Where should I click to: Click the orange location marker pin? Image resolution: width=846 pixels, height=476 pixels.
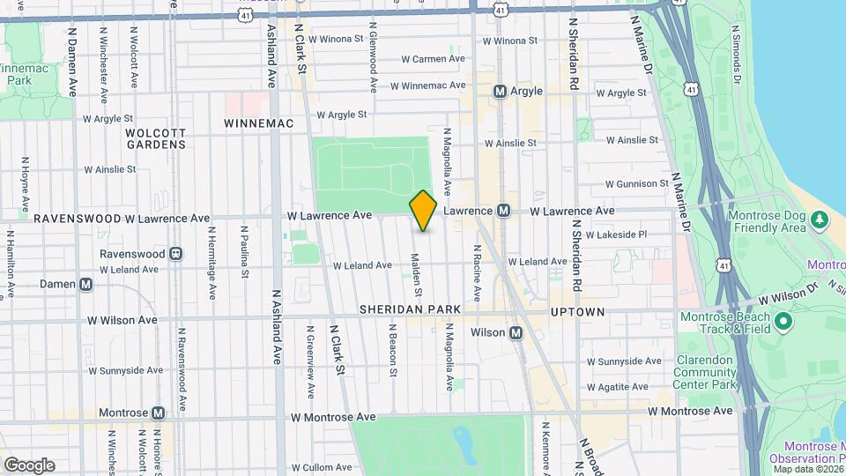(423, 212)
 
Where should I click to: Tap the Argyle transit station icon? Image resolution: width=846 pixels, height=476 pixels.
(500, 92)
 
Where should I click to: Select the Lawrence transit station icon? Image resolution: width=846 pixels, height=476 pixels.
(503, 211)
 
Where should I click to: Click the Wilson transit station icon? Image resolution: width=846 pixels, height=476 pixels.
(516, 332)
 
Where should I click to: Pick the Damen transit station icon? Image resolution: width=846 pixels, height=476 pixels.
(85, 284)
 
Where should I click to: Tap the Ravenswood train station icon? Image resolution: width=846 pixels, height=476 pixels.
(175, 254)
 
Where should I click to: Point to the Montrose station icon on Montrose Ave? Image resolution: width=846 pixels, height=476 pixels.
(159, 413)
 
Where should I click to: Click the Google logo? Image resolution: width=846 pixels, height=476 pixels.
(28, 465)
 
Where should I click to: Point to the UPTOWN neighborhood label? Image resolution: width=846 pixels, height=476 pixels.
(577, 312)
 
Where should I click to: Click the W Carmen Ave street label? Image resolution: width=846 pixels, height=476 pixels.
(433, 59)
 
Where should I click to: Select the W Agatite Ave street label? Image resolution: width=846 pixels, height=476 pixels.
(628, 387)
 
